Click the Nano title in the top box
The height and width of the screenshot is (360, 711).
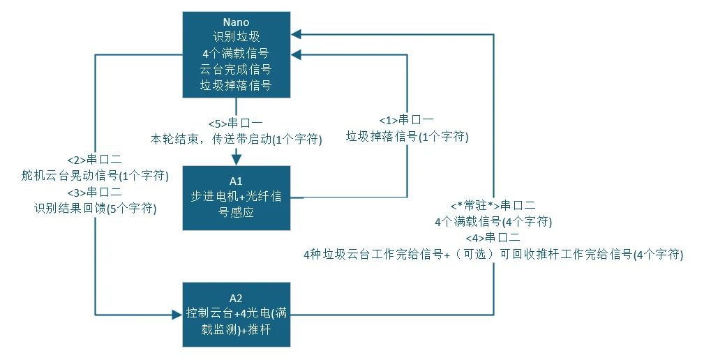click(x=236, y=22)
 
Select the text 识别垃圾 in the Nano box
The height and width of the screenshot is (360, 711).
click(x=236, y=38)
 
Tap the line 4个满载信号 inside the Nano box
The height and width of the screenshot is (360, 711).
click(x=236, y=53)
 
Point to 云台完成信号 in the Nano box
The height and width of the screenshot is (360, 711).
click(x=236, y=69)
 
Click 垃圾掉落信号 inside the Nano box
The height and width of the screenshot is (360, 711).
click(x=236, y=85)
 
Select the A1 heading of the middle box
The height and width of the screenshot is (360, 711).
click(x=236, y=181)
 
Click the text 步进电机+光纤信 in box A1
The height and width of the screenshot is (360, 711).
click(x=236, y=197)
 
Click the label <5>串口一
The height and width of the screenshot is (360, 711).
click(x=236, y=123)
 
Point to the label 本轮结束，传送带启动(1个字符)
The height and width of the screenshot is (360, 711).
click(x=237, y=140)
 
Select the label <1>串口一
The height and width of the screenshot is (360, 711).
click(x=407, y=121)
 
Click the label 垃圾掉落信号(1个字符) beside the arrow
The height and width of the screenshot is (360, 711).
click(x=407, y=137)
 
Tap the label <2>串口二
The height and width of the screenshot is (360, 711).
click(x=95, y=160)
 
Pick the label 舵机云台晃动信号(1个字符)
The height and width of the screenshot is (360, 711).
click(x=95, y=176)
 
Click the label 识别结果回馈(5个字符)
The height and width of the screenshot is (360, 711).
click(x=95, y=208)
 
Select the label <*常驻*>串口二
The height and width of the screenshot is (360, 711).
click(x=493, y=206)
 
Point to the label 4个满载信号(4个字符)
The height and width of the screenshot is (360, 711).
click(x=493, y=222)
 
